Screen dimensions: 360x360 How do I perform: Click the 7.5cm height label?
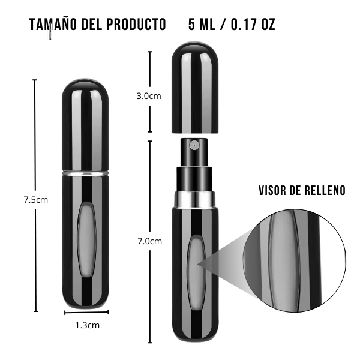pyautogui.click(x=36, y=200)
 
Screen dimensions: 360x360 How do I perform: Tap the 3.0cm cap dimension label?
pyautogui.click(x=149, y=96)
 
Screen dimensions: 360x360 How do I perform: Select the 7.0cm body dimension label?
pyautogui.click(x=149, y=241)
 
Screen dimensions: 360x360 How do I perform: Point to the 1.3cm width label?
pyautogui.click(x=88, y=325)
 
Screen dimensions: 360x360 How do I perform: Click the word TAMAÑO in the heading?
pyautogui.click(x=53, y=25)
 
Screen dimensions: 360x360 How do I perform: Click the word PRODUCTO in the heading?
pyautogui.click(x=136, y=25)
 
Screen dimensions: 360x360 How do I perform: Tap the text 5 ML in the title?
pyautogui.click(x=202, y=25)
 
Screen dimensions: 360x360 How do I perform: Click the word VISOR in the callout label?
pyautogui.click(x=272, y=190)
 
